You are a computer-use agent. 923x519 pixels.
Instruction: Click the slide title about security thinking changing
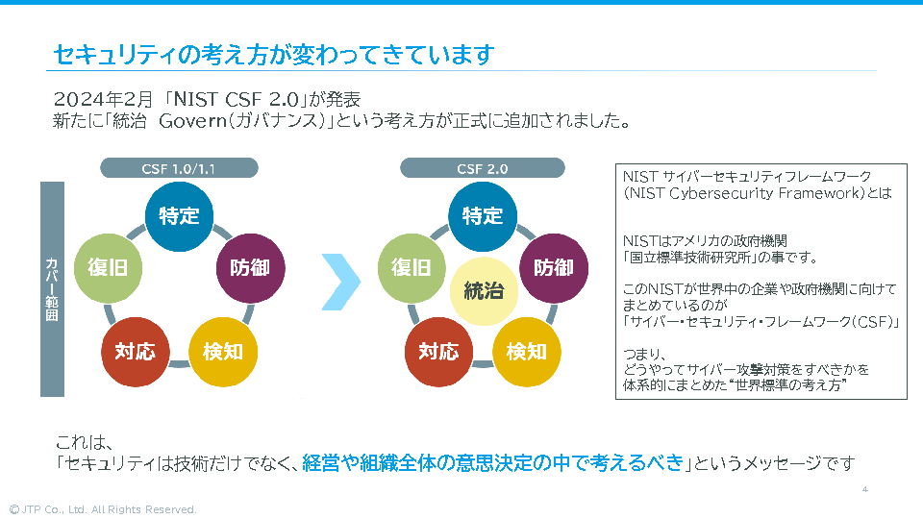point(274,55)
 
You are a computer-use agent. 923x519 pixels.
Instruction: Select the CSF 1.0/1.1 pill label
point(180,168)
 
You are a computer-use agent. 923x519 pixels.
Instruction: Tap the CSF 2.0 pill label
point(483,168)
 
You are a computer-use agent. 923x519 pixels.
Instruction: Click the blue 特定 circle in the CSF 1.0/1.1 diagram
point(179,215)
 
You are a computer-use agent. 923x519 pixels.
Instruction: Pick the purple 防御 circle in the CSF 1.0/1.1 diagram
point(250,267)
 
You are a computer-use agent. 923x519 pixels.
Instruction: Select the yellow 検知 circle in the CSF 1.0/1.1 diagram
point(223,351)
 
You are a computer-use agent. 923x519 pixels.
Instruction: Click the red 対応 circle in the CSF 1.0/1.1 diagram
point(135,351)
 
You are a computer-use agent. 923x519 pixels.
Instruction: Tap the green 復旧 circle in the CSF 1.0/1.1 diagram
point(108,267)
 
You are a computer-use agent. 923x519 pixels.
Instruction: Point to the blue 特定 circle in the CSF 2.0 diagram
point(483,215)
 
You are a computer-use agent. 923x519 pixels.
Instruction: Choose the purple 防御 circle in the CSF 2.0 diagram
point(553,267)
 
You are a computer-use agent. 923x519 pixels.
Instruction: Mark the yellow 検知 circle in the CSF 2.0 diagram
point(526,351)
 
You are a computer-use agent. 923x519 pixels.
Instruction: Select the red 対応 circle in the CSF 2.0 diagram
point(438,351)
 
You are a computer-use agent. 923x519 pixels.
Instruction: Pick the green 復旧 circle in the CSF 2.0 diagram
point(412,267)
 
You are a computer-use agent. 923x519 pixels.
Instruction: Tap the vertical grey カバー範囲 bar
point(52,288)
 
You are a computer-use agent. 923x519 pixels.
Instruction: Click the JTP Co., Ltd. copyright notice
point(102,509)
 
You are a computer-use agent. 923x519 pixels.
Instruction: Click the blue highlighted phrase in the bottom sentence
point(491,463)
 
